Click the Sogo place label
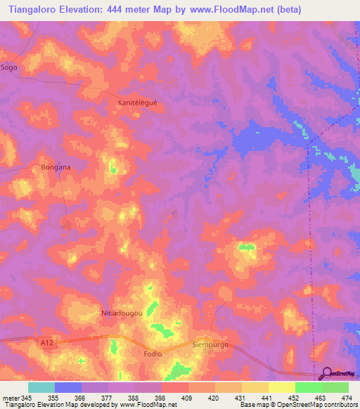coord(9,67)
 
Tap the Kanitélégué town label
coord(137,103)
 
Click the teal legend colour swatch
coord(41,387)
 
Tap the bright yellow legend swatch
coord(282,387)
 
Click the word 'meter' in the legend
coord(11,397)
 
